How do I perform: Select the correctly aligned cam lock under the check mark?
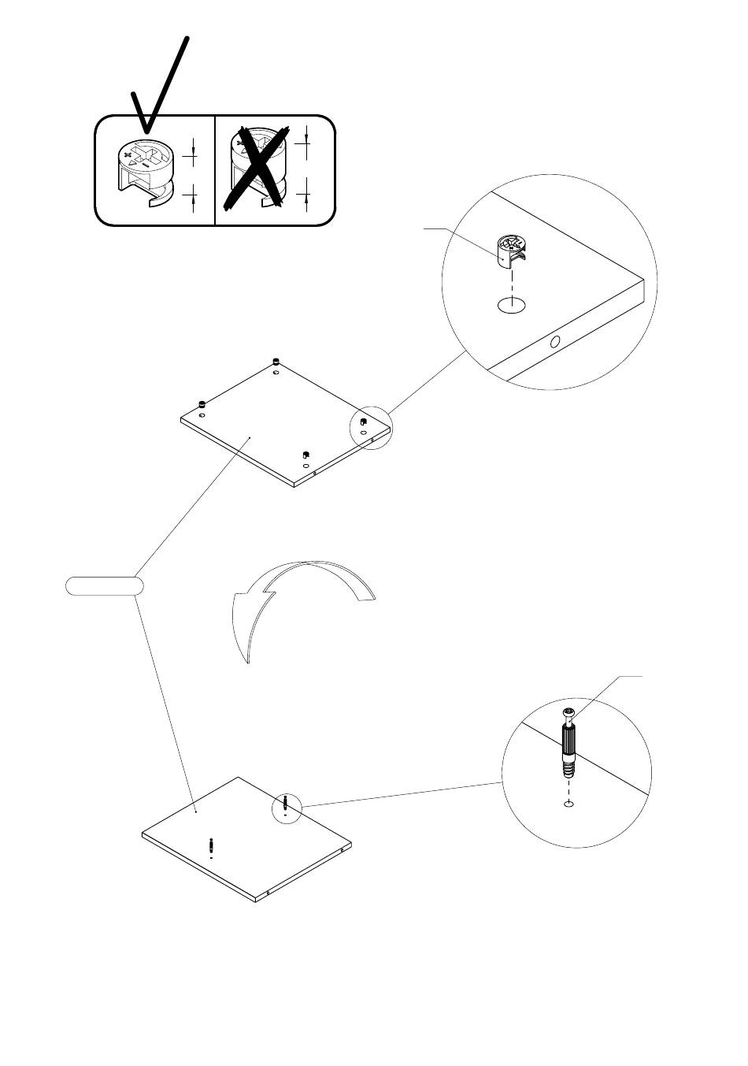coord(145,169)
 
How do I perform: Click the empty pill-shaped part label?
coord(104,585)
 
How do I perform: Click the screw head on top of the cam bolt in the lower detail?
coord(569,714)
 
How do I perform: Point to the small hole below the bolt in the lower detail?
coord(568,804)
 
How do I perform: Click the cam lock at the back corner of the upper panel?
coord(276,362)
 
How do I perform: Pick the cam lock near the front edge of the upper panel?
coord(305,455)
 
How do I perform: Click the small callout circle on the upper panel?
coord(370,428)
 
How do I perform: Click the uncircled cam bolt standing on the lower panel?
coord(212,847)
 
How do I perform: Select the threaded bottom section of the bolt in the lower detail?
coord(569,768)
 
